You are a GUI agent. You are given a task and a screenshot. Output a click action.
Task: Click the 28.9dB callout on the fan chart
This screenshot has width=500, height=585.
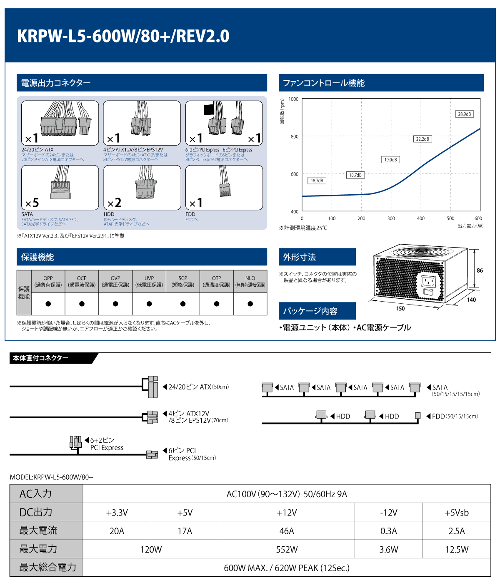click(464, 114)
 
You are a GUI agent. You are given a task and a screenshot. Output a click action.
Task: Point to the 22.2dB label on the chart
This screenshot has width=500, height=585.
click(422, 139)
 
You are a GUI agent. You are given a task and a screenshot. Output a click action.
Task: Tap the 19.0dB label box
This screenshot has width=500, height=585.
click(390, 160)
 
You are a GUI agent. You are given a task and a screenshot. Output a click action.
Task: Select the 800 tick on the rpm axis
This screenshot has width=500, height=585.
click(295, 136)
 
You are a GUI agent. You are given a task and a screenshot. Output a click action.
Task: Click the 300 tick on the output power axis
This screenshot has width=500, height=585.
click(391, 218)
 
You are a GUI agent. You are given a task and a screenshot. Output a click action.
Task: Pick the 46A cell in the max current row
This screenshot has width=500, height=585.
click(287, 531)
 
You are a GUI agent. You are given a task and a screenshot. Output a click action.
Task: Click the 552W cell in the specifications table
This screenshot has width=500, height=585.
click(287, 549)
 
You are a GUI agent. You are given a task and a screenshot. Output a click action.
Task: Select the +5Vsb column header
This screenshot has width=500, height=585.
click(457, 513)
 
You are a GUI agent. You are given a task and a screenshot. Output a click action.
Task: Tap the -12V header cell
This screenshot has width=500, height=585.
click(388, 513)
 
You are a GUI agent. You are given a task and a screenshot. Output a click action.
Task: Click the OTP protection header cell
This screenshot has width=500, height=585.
click(216, 281)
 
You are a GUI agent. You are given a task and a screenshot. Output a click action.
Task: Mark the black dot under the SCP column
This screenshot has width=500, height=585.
click(183, 304)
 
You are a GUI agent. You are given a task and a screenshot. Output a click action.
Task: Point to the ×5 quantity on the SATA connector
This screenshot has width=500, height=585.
click(32, 203)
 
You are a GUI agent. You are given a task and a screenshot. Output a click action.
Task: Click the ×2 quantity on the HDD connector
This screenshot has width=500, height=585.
click(114, 203)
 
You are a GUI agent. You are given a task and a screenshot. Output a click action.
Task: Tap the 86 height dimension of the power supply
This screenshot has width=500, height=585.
click(480, 270)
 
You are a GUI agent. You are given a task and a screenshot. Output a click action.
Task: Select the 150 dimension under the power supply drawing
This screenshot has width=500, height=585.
click(400, 309)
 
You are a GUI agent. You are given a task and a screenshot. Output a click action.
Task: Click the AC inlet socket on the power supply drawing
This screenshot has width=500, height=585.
click(428, 282)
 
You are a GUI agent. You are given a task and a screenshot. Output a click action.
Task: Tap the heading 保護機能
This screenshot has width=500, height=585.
click(37, 257)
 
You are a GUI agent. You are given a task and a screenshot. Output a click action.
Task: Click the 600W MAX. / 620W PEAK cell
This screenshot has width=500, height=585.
click(287, 568)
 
